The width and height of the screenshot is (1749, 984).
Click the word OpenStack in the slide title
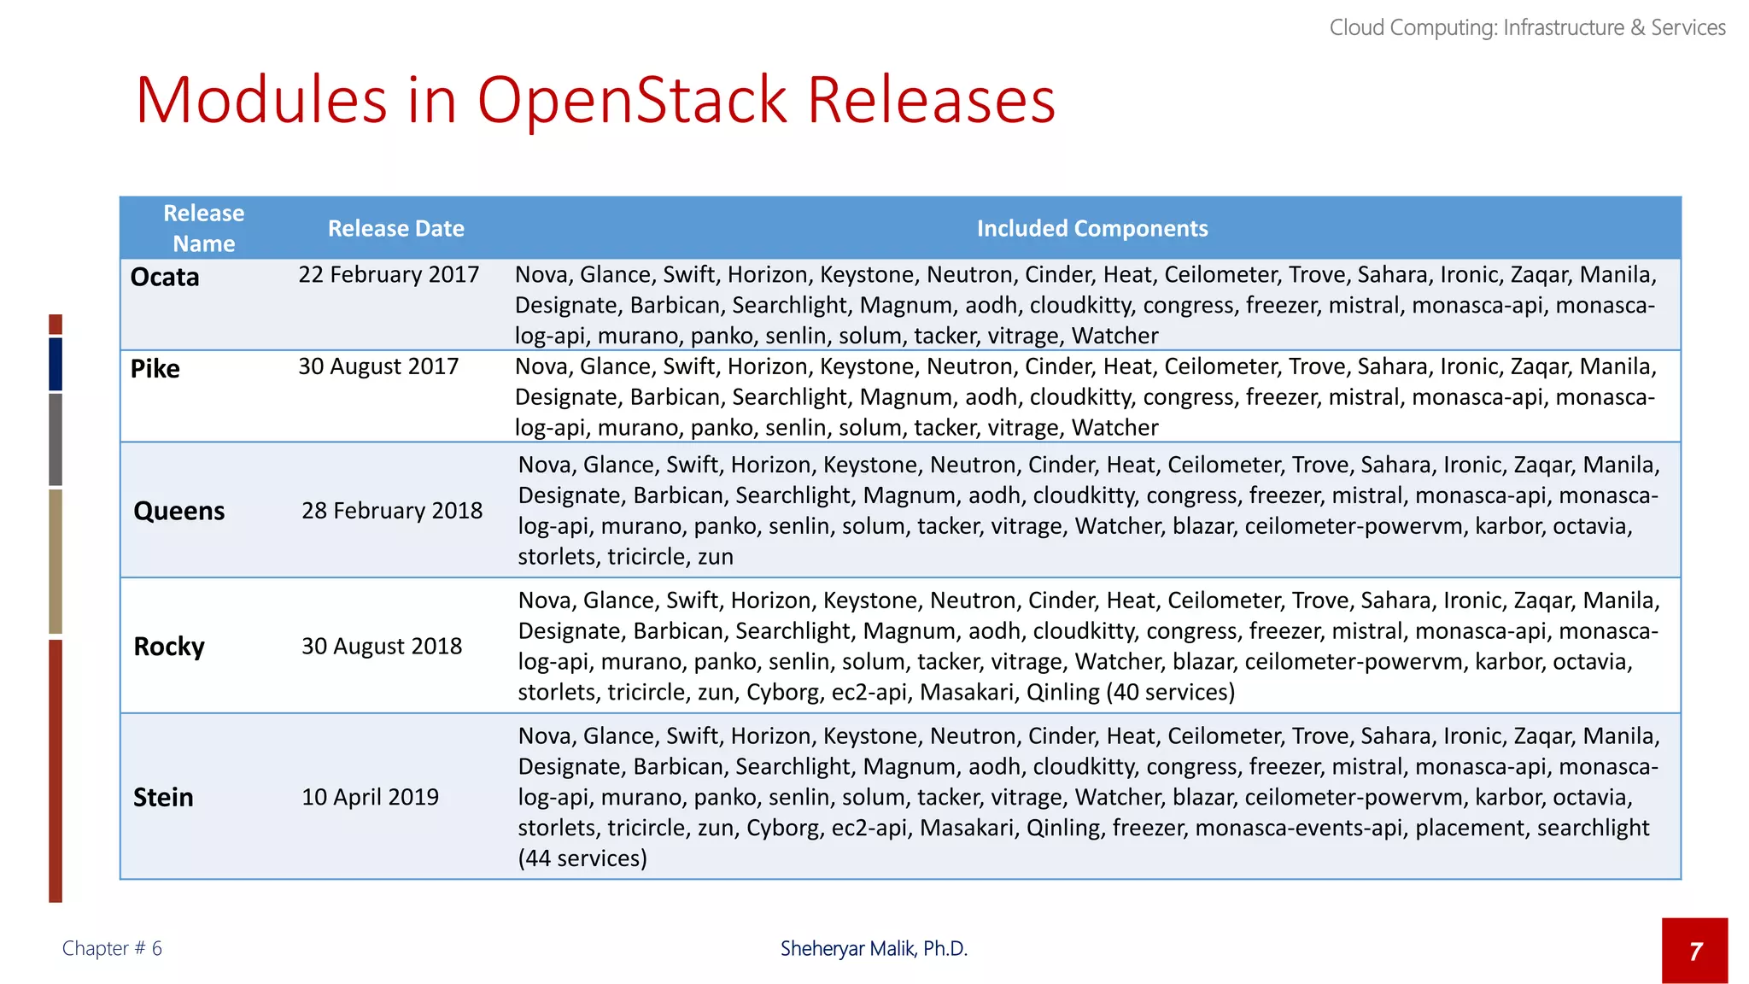[x=632, y=101]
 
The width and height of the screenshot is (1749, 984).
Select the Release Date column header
[x=396, y=229]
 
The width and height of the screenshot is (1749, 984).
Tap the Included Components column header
[x=1092, y=229]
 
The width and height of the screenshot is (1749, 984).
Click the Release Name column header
[x=203, y=229]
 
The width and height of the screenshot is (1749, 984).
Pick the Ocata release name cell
[x=165, y=278]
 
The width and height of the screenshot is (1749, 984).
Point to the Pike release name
[x=155, y=369]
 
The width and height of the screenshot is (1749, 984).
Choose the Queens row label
[x=178, y=511]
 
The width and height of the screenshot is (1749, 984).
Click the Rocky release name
[x=169, y=647]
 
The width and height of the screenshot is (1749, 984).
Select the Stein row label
[x=163, y=798]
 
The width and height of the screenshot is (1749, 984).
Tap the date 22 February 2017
[x=389, y=275]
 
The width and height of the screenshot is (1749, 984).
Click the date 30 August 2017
[x=378, y=366]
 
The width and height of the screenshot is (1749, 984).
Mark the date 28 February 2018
[x=392, y=511]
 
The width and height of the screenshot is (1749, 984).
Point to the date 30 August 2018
[x=382, y=647]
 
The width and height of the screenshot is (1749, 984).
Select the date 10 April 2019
[x=370, y=797]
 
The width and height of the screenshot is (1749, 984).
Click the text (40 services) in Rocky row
[x=1171, y=692]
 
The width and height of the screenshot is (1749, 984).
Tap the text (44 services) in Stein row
[x=582, y=858]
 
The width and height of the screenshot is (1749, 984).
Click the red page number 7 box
[x=1694, y=951]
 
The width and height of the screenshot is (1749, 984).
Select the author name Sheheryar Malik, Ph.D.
[x=874, y=949]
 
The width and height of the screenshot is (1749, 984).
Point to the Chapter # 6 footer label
[x=112, y=949]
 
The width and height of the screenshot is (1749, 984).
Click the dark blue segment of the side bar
[x=56, y=364]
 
